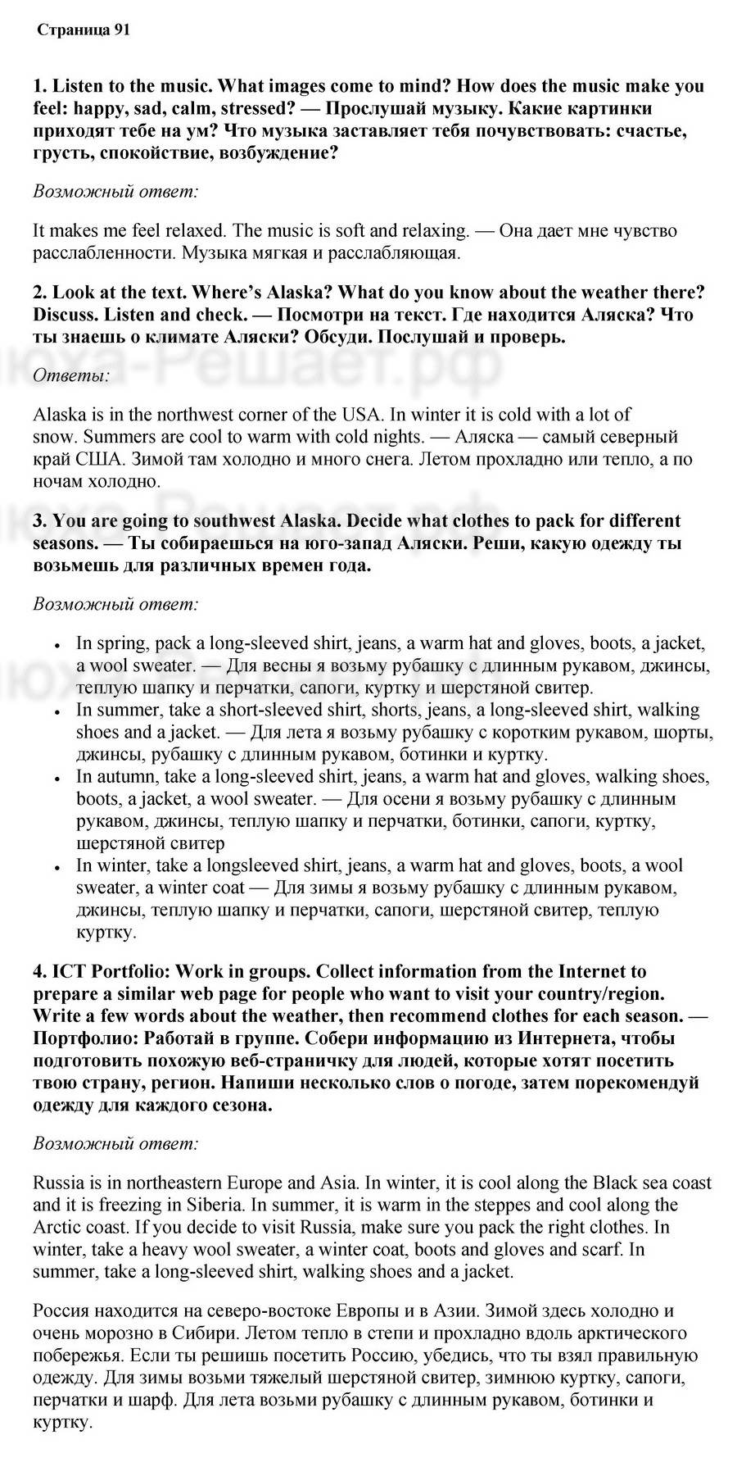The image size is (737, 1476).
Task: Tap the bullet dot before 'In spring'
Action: tap(57, 647)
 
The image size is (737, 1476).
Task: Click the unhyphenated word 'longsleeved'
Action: tap(251, 865)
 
